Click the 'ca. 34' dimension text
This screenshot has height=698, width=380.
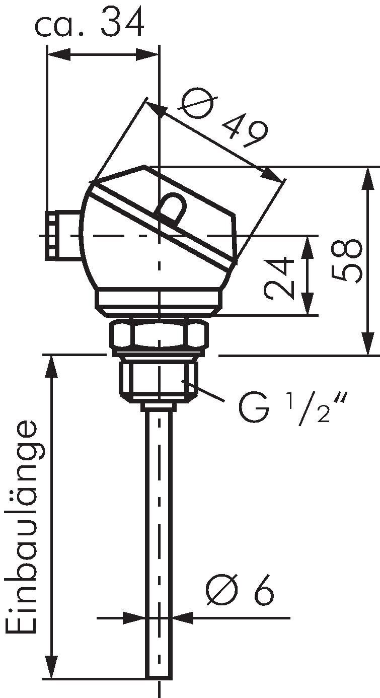[x=90, y=23]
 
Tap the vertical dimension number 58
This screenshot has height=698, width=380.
[x=347, y=260]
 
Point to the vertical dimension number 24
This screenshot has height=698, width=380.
[x=278, y=278]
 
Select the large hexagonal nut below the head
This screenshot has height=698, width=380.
[x=160, y=335]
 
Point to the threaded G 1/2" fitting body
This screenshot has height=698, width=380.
[x=159, y=378]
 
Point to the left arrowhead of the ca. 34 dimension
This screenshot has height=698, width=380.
[x=56, y=54]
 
